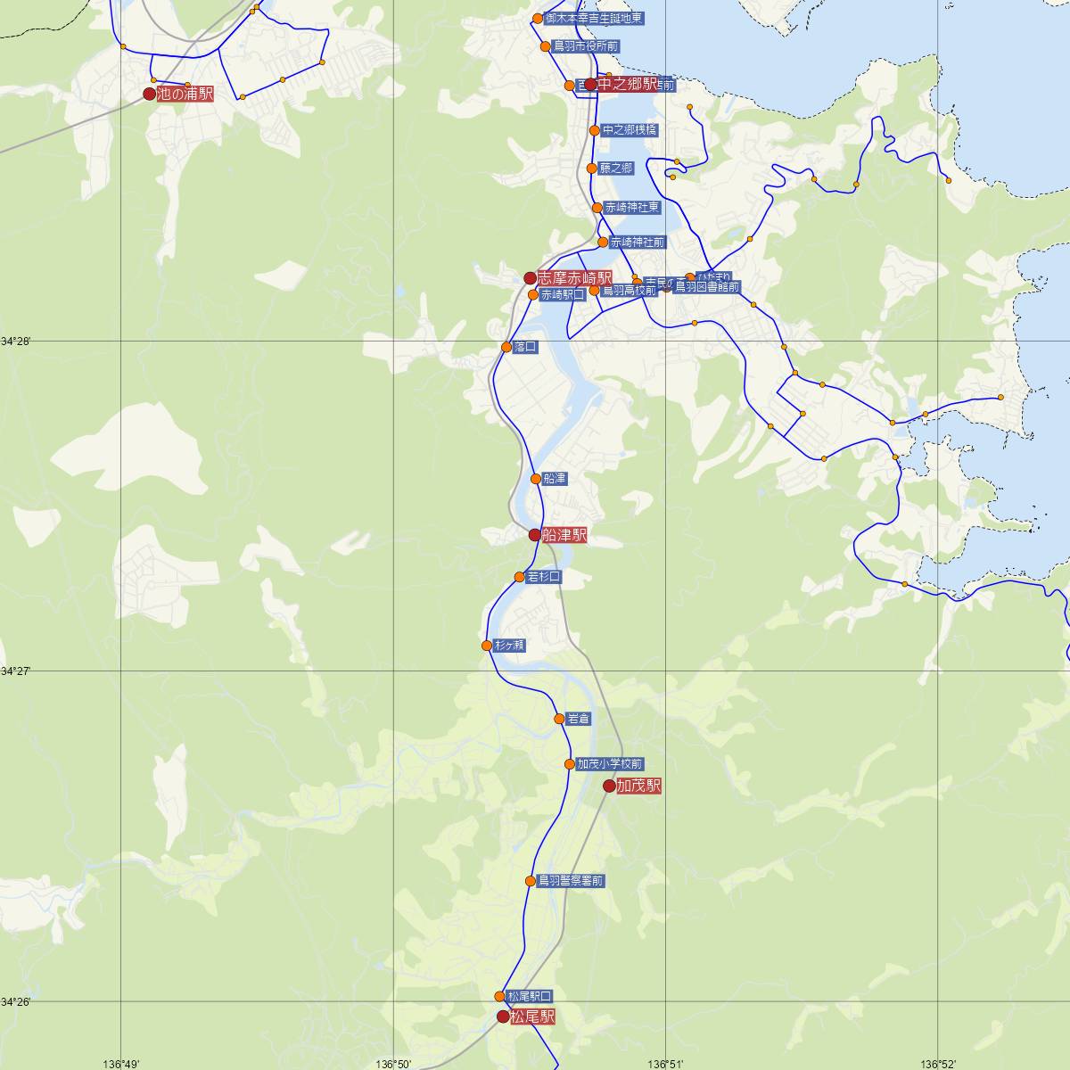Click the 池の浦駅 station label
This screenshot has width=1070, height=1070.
(185, 94)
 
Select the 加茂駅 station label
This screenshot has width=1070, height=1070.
(638, 786)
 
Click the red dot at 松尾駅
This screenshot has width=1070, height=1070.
(503, 1017)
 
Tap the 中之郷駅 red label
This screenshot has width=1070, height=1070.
(627, 85)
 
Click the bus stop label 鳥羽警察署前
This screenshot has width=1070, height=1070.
(572, 881)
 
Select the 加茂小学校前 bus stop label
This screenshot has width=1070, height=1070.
(610, 764)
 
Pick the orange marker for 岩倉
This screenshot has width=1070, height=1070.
(560, 719)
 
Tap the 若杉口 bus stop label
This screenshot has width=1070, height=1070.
(544, 577)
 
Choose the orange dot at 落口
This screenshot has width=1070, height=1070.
(506, 347)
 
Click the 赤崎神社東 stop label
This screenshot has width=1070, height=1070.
(632, 208)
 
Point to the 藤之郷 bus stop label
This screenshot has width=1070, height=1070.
(616, 169)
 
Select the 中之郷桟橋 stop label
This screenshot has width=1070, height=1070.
(630, 130)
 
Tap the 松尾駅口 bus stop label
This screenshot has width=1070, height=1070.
(530, 996)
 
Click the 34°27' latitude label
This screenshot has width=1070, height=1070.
(16, 671)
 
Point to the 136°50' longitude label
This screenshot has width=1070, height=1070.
(394, 1064)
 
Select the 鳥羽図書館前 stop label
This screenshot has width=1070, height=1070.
(706, 287)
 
